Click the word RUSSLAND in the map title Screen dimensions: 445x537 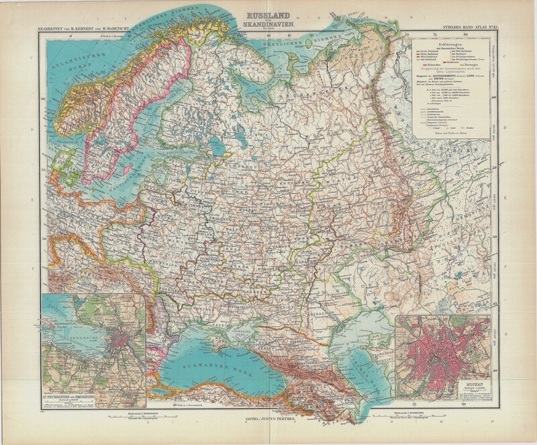coord(267,11)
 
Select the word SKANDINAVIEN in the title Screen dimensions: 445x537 coord(267,24)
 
